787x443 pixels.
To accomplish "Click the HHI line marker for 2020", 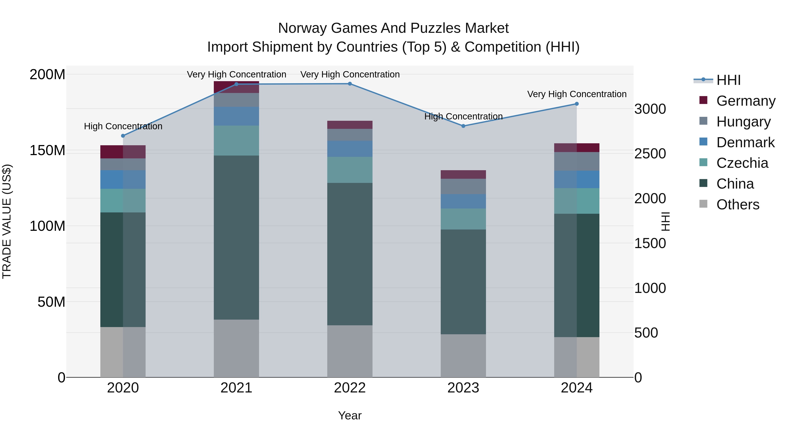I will tap(123, 136).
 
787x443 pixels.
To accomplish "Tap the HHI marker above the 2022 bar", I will tap(350, 84).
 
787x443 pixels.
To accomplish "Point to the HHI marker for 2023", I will tap(463, 126).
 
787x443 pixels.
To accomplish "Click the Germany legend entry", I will tap(745, 101).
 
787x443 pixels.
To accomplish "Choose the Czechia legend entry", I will tap(742, 163).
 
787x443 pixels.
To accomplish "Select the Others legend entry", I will tap(738, 205).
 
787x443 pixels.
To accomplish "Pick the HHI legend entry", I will tap(728, 80).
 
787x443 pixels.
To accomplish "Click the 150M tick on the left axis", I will tap(47, 151).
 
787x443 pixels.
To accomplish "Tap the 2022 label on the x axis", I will tap(350, 388).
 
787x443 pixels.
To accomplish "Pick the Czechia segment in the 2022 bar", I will tap(350, 170).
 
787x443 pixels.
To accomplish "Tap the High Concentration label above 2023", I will tap(463, 116).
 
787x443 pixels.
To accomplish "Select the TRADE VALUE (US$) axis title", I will tap(7, 221).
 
